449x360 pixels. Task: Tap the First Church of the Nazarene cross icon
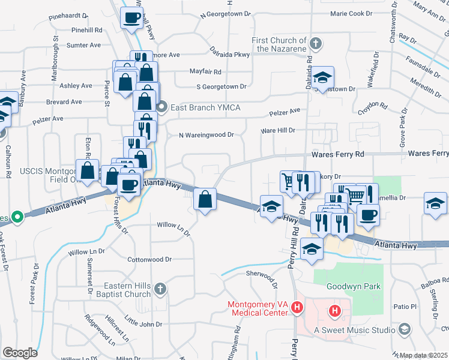point(317,44)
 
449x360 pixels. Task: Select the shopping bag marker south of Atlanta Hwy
point(205,199)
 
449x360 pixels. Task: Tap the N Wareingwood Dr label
point(206,135)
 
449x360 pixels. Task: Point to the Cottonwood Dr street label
point(149,260)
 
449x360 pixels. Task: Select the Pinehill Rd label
point(87,29)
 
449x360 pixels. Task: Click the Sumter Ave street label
point(84,45)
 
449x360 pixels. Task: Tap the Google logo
point(20,353)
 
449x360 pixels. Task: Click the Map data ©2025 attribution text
point(423,355)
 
